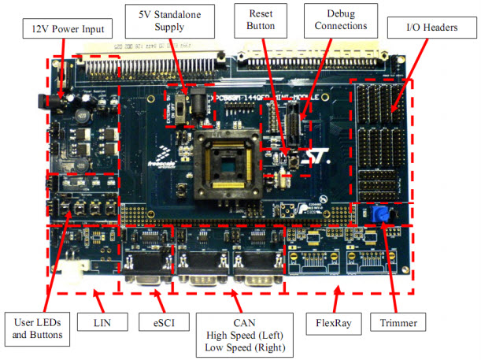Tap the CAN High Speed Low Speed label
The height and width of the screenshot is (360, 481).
(x=235, y=334)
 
